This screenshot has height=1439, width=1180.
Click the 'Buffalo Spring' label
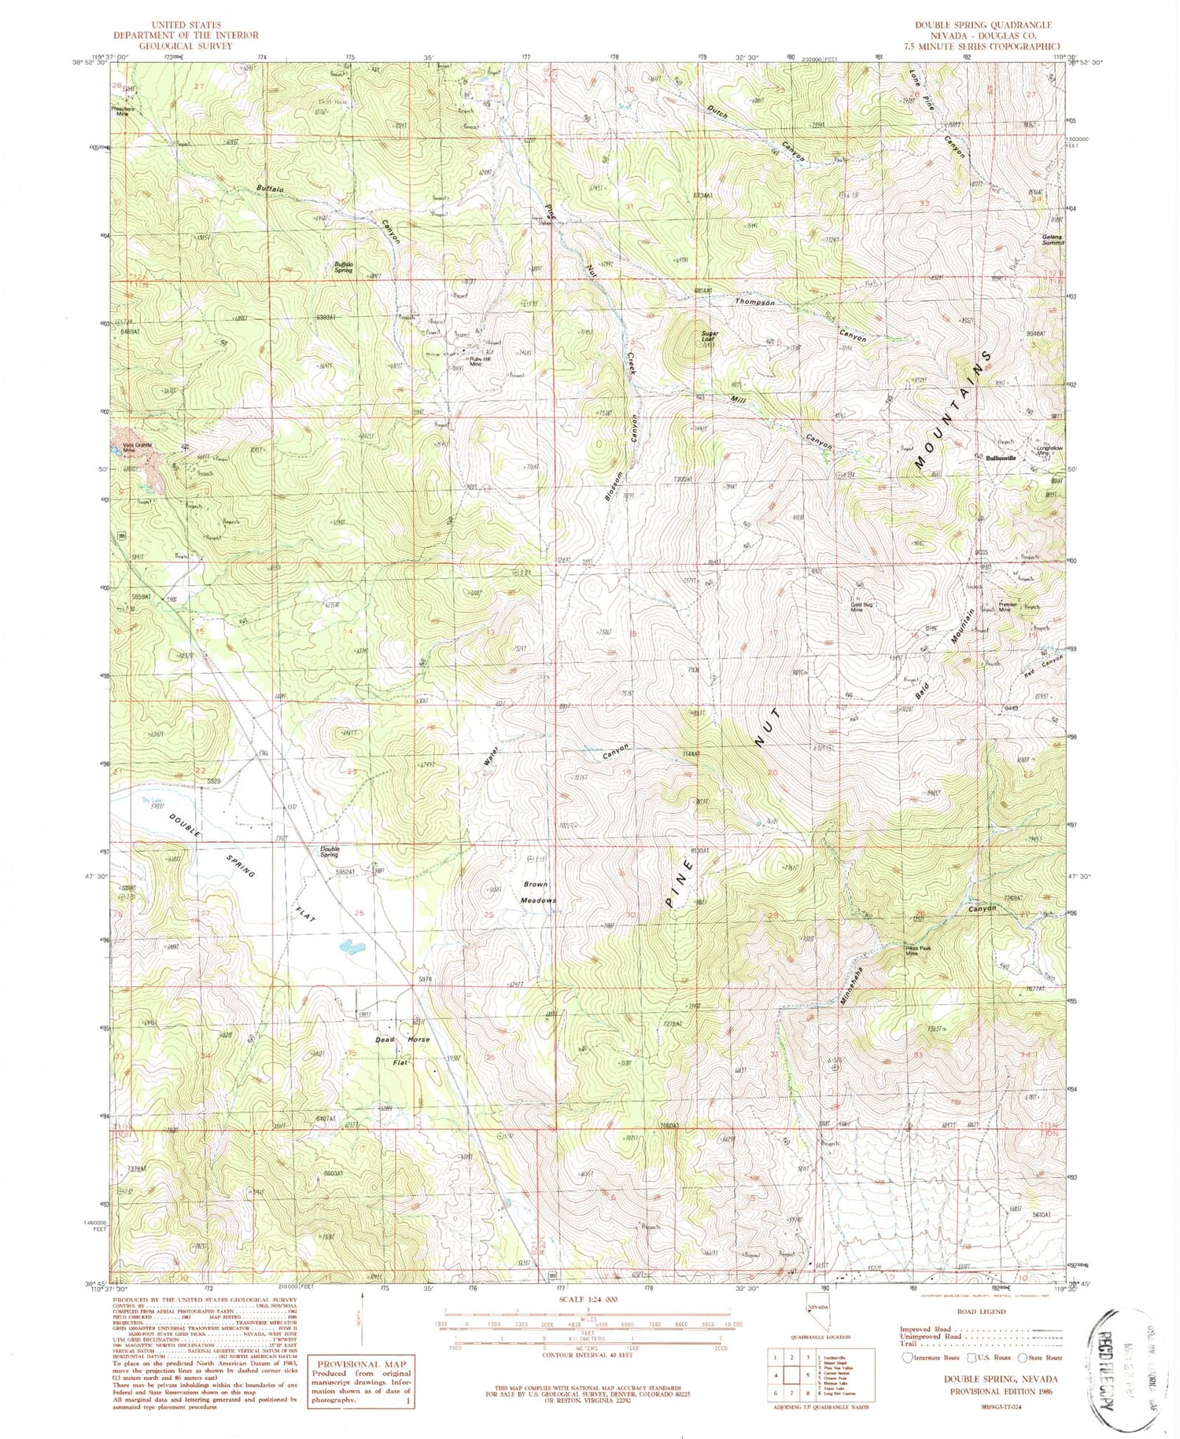pos(343,268)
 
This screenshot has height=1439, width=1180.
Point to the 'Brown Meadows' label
pos(540,892)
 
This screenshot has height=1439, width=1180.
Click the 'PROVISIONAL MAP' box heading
pos(361,1365)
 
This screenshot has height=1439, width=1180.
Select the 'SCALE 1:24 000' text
pos(586,1299)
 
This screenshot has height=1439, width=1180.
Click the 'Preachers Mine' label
pos(122,111)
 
